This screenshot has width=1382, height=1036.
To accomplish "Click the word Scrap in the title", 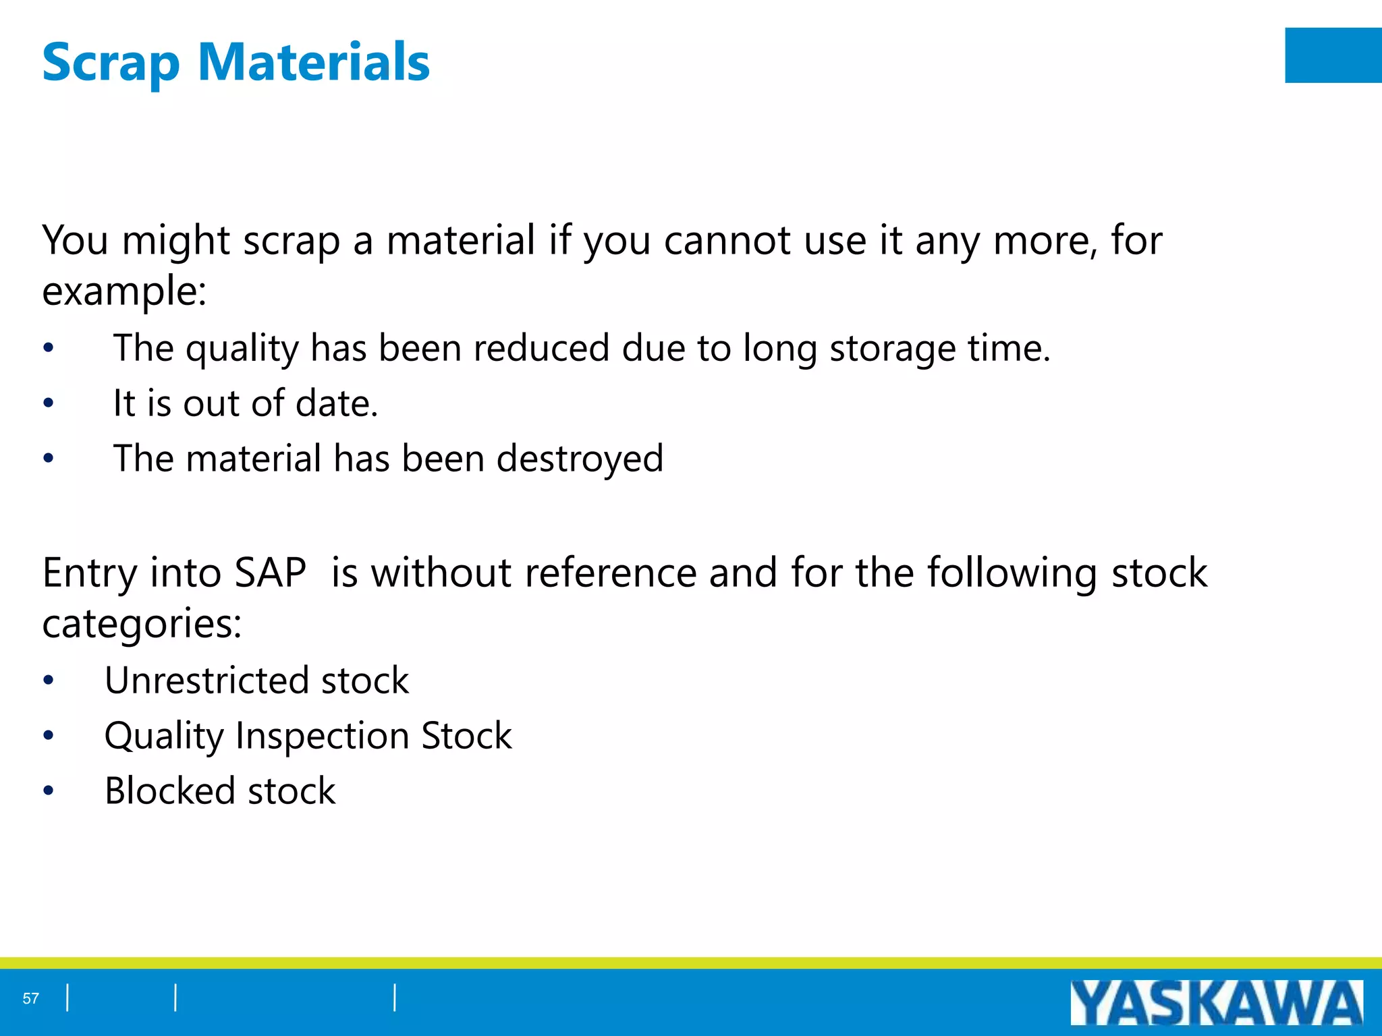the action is (x=111, y=63).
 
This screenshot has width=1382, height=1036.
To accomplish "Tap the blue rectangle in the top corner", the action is (x=1333, y=55).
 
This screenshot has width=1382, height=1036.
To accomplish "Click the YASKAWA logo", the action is (x=1216, y=1002).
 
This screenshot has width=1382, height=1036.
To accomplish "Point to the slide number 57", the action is (x=31, y=998).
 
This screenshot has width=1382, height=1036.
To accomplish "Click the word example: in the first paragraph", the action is (x=124, y=292).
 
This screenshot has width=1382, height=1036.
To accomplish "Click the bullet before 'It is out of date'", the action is (x=48, y=404).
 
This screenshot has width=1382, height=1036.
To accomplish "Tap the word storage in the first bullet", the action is (x=892, y=349).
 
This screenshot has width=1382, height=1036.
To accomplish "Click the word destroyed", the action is (x=580, y=459).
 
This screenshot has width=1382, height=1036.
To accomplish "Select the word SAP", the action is (x=270, y=573).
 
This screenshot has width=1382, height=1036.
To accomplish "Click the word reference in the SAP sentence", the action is (x=610, y=573).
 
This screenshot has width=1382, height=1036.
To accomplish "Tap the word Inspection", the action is (x=322, y=736).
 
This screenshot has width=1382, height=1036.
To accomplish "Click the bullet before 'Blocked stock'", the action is (x=48, y=790).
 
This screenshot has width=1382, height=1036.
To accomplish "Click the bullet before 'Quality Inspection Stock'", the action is (x=48, y=735).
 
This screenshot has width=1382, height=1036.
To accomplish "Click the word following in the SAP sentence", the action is (x=1012, y=573).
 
